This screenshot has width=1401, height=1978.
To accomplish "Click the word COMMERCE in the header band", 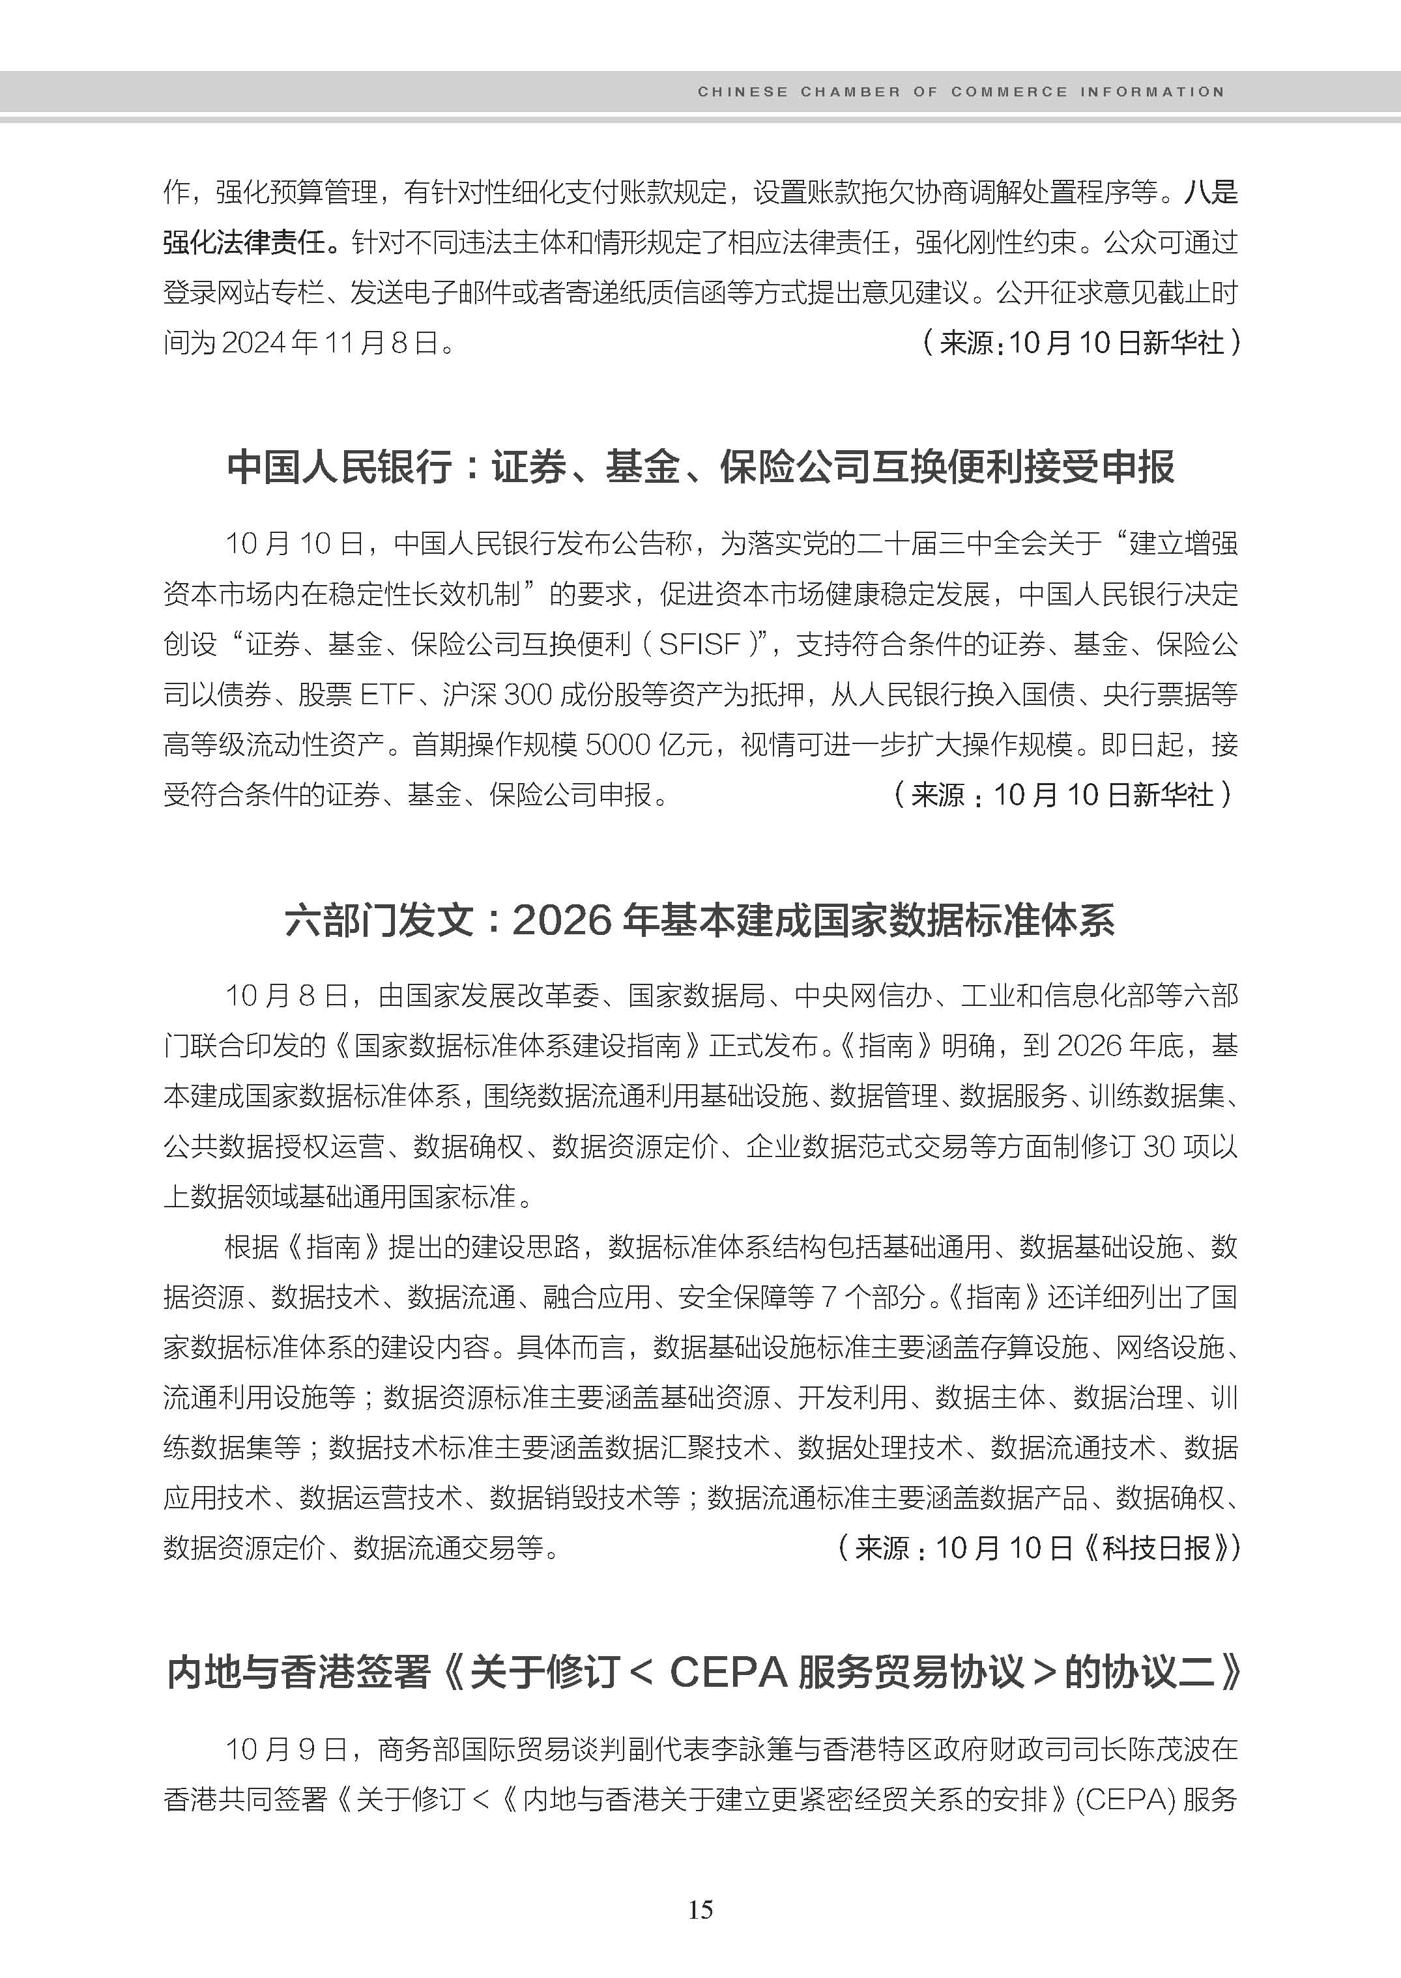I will (x=1009, y=91).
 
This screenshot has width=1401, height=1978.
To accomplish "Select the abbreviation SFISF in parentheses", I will (x=700, y=644).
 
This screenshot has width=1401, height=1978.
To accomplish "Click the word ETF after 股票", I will (x=387, y=694).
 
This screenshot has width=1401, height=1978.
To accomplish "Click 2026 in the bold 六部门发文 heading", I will (x=562, y=921).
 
